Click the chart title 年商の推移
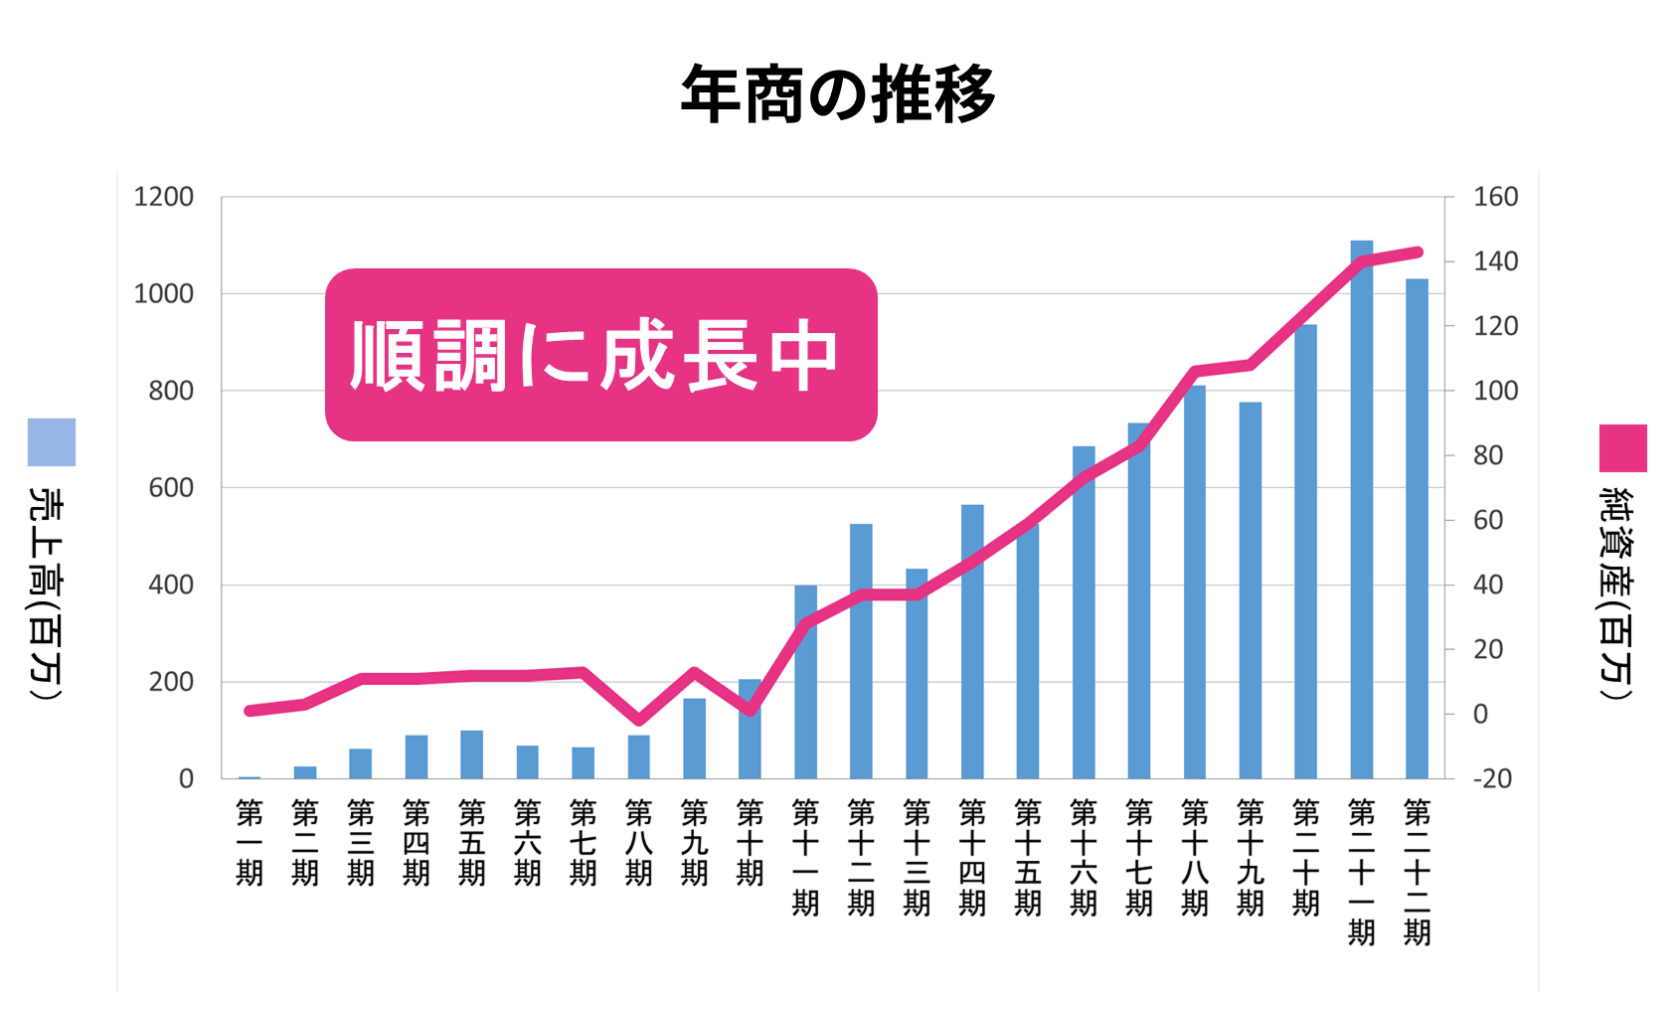coord(837,95)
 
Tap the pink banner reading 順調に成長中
coord(600,355)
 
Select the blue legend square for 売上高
coord(52,442)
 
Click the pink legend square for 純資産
coord(1622,448)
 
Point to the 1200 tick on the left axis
coord(164,197)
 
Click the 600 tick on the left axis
coord(171,488)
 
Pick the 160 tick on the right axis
coord(1495,197)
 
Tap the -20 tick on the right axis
coord(1492,778)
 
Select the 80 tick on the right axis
coord(1488,455)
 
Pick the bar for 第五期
coord(472,756)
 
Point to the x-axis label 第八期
coord(639,842)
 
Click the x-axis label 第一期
coord(250,842)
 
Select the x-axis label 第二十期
coord(1305,857)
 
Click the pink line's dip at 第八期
coord(639,720)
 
